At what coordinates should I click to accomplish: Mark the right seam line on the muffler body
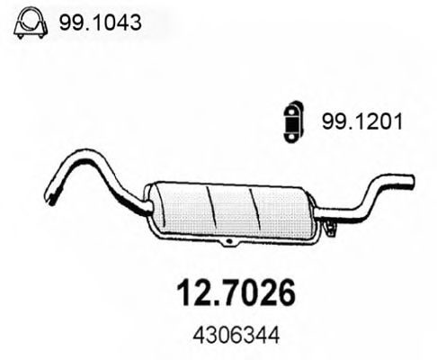pos(258,207)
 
